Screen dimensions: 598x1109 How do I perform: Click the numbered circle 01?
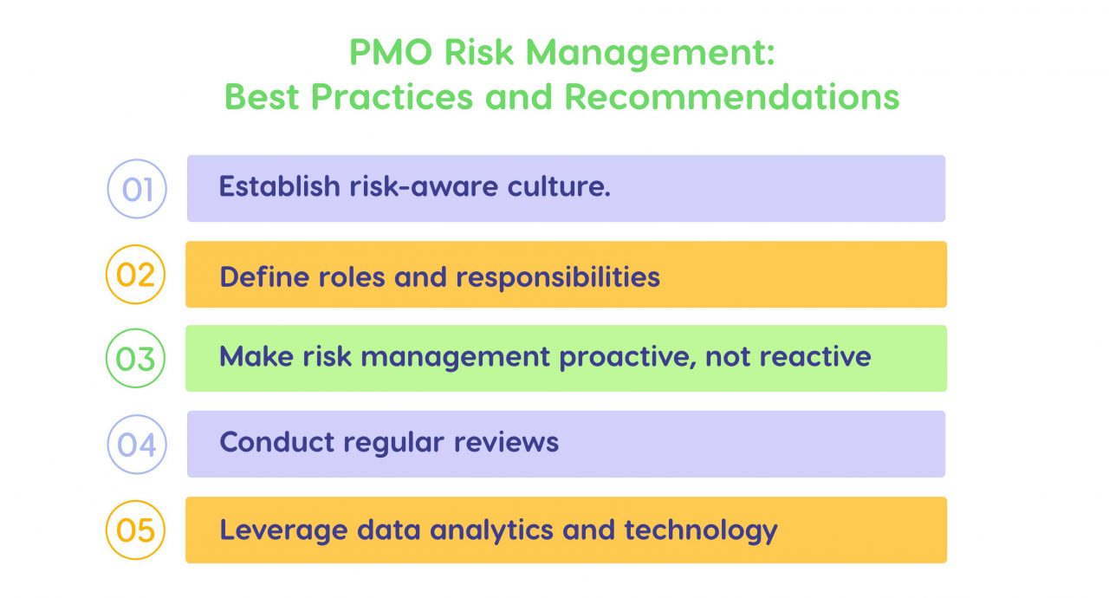tap(137, 188)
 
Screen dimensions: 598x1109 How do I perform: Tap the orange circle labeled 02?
tap(135, 274)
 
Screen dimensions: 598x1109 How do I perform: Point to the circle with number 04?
tap(137, 444)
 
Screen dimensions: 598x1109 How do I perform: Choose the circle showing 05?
tap(135, 529)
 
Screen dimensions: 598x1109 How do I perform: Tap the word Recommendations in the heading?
tap(732, 96)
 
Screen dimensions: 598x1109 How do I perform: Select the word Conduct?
tap(276, 442)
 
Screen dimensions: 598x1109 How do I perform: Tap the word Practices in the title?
tap(392, 96)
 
